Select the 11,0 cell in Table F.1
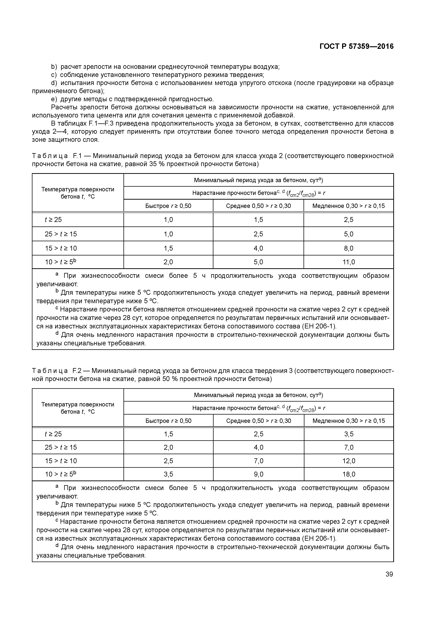[x=348, y=262]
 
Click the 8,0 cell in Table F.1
[x=348, y=248]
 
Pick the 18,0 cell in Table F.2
[x=349, y=474]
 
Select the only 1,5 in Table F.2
[x=168, y=434]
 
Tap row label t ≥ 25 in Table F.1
[x=53, y=220]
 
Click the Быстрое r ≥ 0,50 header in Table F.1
[x=168, y=206]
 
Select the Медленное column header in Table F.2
[x=349, y=421]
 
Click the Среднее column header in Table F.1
[x=258, y=206]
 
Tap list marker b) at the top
[x=54, y=67]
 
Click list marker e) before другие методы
[x=54, y=99]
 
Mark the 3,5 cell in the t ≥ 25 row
[x=349, y=434]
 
